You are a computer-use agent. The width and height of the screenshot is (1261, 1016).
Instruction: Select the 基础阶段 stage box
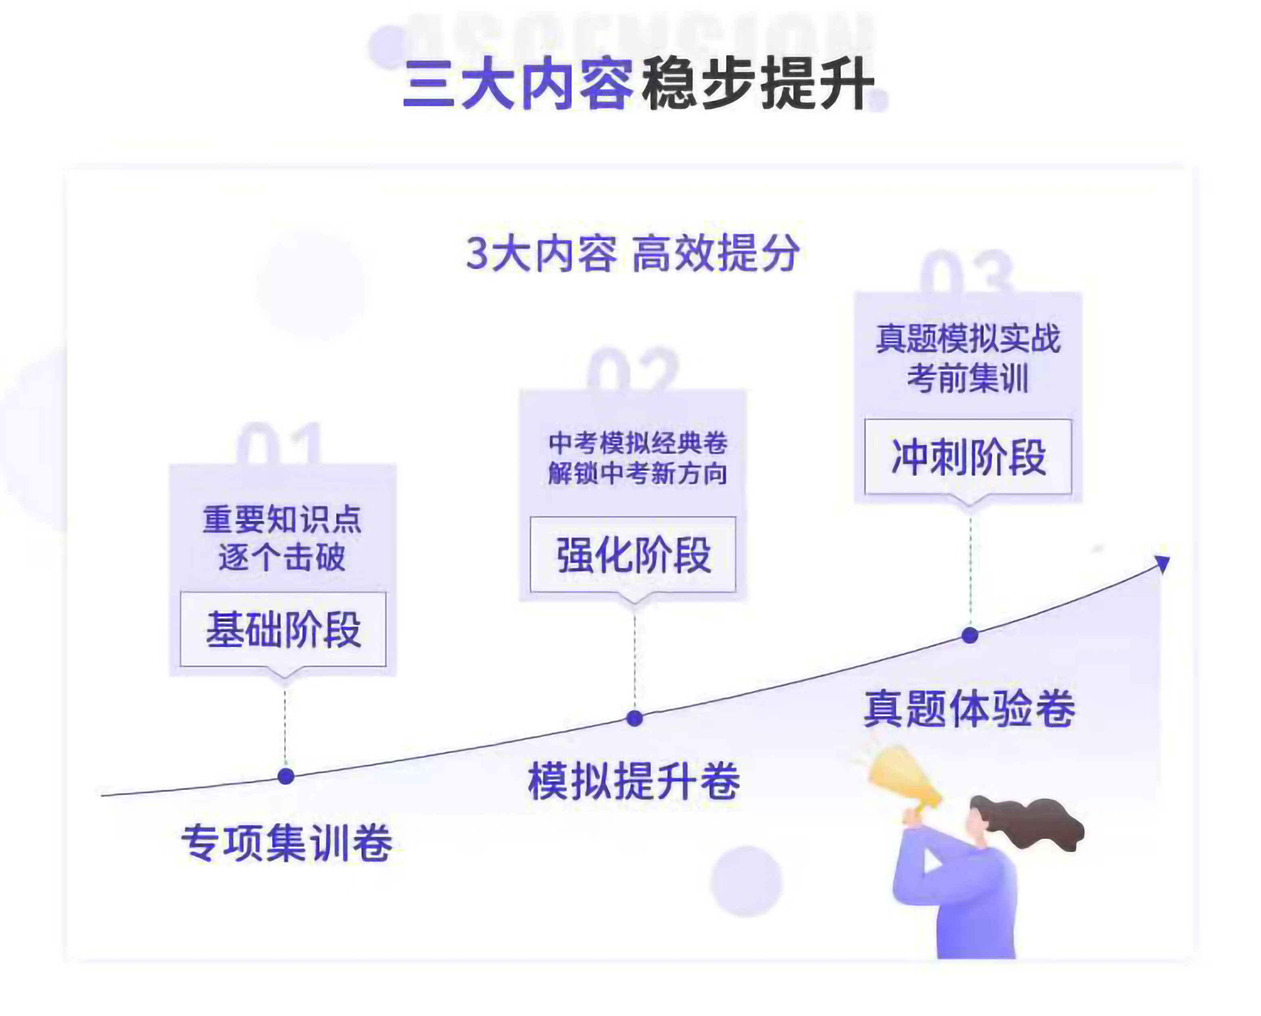pyautogui.click(x=283, y=629)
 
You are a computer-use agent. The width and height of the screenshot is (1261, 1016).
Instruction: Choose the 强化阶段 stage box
pyautogui.click(x=633, y=554)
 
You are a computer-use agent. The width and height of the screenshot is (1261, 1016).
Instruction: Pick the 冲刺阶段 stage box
pyautogui.click(x=968, y=457)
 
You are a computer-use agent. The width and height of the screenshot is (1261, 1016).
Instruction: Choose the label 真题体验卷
pyautogui.click(x=970, y=709)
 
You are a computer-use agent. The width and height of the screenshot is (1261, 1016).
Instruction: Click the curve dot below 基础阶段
pyautogui.click(x=286, y=777)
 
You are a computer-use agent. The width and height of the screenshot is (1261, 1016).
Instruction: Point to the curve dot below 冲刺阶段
pyautogui.click(x=970, y=635)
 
